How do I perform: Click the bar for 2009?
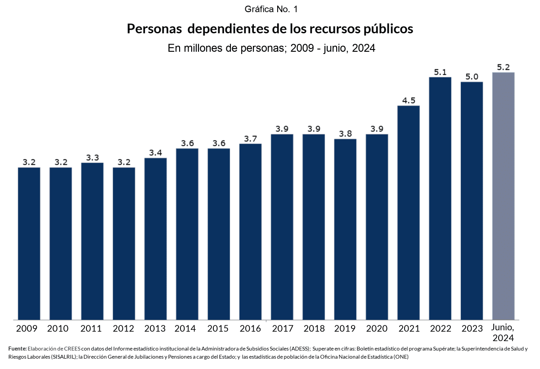[29, 243]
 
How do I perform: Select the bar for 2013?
[156, 238]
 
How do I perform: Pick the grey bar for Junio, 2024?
[504, 196]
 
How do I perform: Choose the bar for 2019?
[345, 229]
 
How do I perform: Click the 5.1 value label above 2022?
[440, 72]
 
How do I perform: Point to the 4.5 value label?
[409, 100]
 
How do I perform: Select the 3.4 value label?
[156, 153]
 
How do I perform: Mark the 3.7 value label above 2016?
[250, 139]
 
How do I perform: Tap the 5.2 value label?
[504, 67]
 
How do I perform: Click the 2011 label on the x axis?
[92, 328]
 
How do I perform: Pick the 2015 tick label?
[219, 328]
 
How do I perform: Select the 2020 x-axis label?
[377, 328]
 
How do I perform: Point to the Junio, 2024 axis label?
[504, 333]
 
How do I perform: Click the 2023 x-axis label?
[472, 328]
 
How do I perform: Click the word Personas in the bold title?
[154, 29]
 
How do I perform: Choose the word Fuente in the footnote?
[17, 349]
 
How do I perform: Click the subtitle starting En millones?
[271, 49]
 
